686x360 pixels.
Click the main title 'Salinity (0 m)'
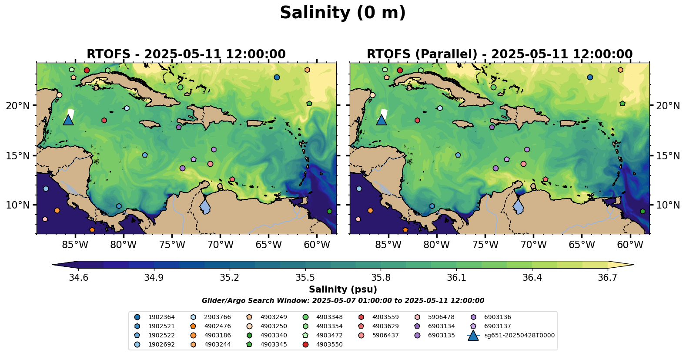pyautogui.click(x=343, y=13)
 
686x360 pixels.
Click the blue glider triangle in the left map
pyautogui.click(x=68, y=120)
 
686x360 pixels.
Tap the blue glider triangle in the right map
pyautogui.click(x=381, y=120)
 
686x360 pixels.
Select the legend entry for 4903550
pyautogui.click(x=329, y=344)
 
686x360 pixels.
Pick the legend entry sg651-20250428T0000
pyautogui.click(x=519, y=335)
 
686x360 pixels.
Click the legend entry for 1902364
pyautogui.click(x=161, y=317)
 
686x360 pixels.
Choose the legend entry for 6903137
pyautogui.click(x=497, y=326)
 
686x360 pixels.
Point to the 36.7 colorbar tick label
pyautogui.click(x=607, y=278)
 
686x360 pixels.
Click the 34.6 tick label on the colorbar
pyautogui.click(x=79, y=278)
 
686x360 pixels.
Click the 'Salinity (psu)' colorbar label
pyautogui.click(x=343, y=289)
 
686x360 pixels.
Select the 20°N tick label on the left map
pyautogui.click(x=18, y=106)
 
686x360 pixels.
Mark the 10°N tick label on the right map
pyautogui.click(x=668, y=205)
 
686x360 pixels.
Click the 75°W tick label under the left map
pyautogui.click(x=172, y=245)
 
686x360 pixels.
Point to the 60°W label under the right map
pyautogui.click(x=630, y=245)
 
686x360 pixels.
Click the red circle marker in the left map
pyautogui.click(x=87, y=70)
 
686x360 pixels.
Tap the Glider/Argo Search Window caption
pyautogui.click(x=343, y=301)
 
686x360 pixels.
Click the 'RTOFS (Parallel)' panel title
pyautogui.click(x=499, y=54)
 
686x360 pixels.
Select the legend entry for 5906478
pyautogui.click(x=441, y=317)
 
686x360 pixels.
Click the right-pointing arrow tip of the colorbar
pyautogui.click(x=632, y=264)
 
